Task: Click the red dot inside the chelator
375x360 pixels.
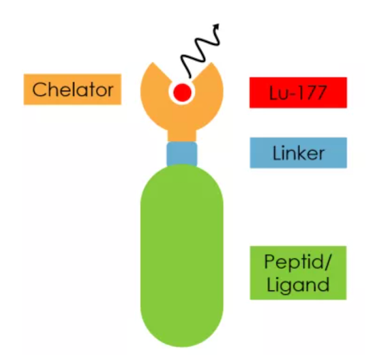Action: [x=182, y=92]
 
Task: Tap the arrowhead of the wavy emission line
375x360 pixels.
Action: [x=217, y=27]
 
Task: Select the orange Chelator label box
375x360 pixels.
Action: [x=72, y=89]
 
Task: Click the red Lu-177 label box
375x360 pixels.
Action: [x=298, y=93]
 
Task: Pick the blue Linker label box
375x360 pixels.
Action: [x=298, y=153]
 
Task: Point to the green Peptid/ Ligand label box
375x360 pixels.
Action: [x=298, y=273]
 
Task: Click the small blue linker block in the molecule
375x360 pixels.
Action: [x=182, y=153]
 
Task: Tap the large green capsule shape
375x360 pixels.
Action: [x=182, y=256]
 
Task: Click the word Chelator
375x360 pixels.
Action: [x=73, y=89]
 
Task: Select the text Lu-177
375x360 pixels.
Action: [x=298, y=93]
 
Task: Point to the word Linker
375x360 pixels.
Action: [x=299, y=153]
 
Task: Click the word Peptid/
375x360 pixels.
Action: [x=298, y=261]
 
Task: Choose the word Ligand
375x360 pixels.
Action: [x=298, y=284]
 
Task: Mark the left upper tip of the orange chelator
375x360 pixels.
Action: [x=153, y=63]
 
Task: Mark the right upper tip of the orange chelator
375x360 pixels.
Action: [x=211, y=63]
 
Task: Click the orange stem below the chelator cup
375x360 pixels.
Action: [x=182, y=136]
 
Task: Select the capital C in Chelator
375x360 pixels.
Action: [x=40, y=89]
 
